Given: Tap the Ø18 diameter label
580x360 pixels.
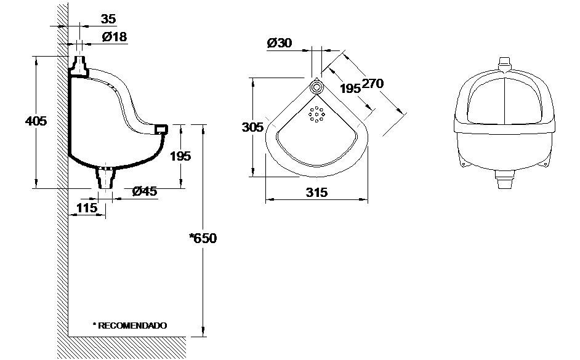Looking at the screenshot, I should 115,37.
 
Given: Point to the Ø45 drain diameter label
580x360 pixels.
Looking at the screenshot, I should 145,191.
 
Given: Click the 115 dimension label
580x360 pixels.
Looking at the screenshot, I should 87,208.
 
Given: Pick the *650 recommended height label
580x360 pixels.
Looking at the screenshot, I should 203,238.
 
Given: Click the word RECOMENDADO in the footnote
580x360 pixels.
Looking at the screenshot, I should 132,325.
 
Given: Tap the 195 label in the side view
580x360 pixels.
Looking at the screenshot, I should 180,156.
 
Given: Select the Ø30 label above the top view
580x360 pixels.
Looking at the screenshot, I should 280,43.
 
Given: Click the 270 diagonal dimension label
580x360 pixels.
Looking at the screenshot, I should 373,84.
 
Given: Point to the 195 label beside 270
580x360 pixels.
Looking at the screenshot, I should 350,89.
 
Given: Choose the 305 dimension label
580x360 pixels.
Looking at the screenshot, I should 252,127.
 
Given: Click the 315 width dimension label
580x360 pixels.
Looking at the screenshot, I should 316,193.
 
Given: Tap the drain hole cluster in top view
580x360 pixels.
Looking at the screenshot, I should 316,114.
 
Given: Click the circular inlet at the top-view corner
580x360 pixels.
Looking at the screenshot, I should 317,86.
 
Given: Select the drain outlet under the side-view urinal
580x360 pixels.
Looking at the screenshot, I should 107,178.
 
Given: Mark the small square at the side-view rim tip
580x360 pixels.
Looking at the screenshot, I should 161,129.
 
